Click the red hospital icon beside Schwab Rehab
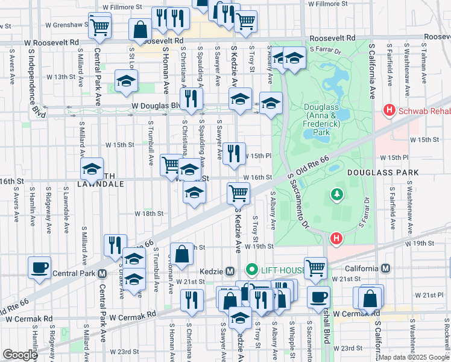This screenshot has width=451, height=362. click(x=389, y=110)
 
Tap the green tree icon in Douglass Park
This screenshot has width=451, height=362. click(x=336, y=195)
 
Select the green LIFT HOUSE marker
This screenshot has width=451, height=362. click(x=252, y=269)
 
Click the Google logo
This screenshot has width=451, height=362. click(x=20, y=355)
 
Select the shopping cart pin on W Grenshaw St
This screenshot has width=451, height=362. click(x=99, y=26)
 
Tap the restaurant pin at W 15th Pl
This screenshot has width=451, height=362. click(x=234, y=153)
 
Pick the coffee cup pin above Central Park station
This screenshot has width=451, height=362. click(x=40, y=267)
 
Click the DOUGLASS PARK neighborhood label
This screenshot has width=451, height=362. click(x=382, y=173)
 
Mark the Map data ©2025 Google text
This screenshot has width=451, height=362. click(x=413, y=357)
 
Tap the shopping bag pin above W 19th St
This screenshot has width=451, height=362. click(x=181, y=253)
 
